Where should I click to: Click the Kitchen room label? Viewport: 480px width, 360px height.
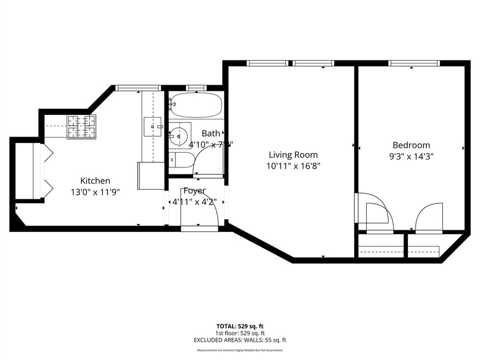point(95,181)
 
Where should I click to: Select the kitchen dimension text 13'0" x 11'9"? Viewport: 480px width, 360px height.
point(95,193)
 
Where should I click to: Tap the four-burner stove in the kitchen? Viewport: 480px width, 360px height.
point(81,127)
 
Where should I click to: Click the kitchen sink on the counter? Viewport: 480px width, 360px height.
point(151,125)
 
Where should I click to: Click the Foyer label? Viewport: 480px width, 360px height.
point(194,190)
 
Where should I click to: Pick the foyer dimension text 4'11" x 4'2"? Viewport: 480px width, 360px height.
point(194,201)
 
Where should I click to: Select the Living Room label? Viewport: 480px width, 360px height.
point(293,154)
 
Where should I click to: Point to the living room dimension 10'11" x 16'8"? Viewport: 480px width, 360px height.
point(293,166)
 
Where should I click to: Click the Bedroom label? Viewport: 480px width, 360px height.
point(411,145)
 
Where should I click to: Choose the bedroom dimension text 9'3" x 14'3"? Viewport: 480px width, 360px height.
point(411,157)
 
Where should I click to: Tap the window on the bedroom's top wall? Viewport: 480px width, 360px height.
point(414,63)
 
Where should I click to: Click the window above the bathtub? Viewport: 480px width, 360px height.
point(196,87)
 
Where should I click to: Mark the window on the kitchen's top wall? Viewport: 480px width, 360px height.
point(137,87)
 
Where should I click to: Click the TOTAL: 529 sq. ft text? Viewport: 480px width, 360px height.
point(240,326)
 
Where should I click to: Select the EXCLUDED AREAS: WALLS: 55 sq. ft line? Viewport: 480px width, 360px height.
point(240,340)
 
